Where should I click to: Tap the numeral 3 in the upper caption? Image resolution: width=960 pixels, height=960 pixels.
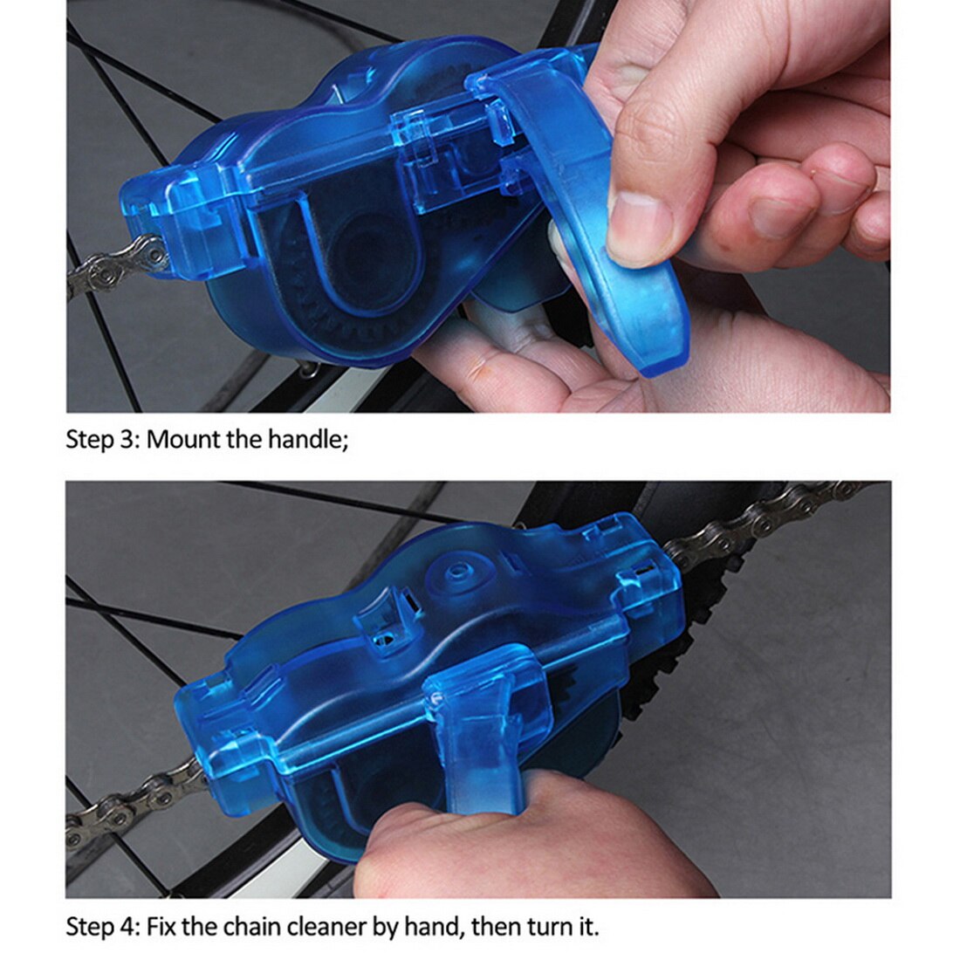pyautogui.click(x=128, y=439)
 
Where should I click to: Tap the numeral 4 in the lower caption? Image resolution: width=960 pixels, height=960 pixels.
pyautogui.click(x=129, y=926)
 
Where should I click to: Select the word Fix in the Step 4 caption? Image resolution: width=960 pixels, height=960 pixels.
pyautogui.click(x=162, y=926)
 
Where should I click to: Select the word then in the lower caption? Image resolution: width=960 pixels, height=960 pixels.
pyautogui.click(x=491, y=926)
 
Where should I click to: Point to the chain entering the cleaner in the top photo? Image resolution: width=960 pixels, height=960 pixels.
pyautogui.click(x=109, y=266)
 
